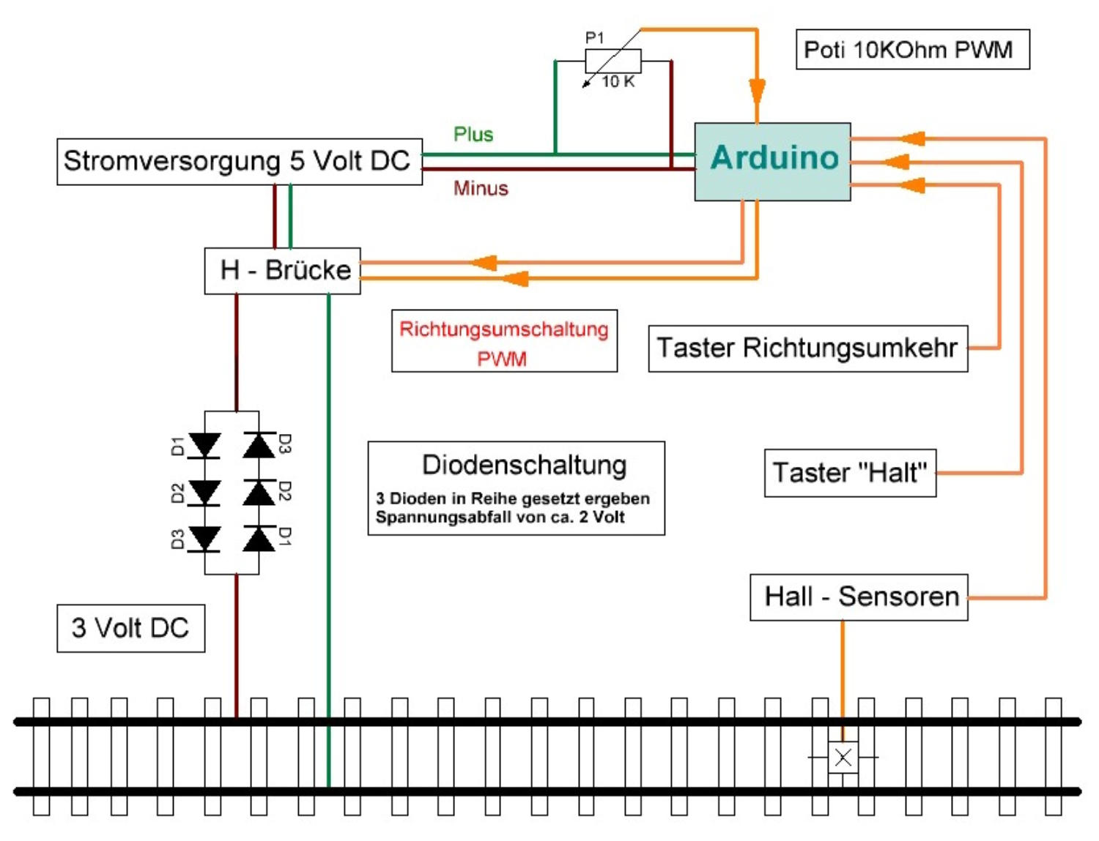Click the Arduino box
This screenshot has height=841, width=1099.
(772, 161)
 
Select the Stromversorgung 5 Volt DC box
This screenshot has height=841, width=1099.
(240, 161)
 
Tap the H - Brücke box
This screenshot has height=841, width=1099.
(282, 271)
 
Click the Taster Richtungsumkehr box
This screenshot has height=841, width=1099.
(807, 348)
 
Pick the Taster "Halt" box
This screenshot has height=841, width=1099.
(850, 473)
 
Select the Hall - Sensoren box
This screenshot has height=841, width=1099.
(859, 597)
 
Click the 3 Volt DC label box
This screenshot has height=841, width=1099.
(130, 628)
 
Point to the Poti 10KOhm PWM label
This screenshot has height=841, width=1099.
(912, 50)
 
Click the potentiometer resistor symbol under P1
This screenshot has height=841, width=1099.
(613, 61)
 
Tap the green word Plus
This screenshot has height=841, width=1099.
(473, 135)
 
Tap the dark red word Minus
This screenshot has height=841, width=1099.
(481, 189)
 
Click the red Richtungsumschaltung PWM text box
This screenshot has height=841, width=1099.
(504, 342)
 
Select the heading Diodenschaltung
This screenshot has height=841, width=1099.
(525, 466)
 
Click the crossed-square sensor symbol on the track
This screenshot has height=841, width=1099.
(843, 758)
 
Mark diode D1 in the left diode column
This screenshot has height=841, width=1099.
(204, 445)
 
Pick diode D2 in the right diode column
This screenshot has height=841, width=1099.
(259, 492)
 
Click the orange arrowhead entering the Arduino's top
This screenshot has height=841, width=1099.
(757, 94)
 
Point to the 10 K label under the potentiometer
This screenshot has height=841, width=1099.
(618, 82)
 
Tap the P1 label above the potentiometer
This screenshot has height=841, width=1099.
(595, 38)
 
